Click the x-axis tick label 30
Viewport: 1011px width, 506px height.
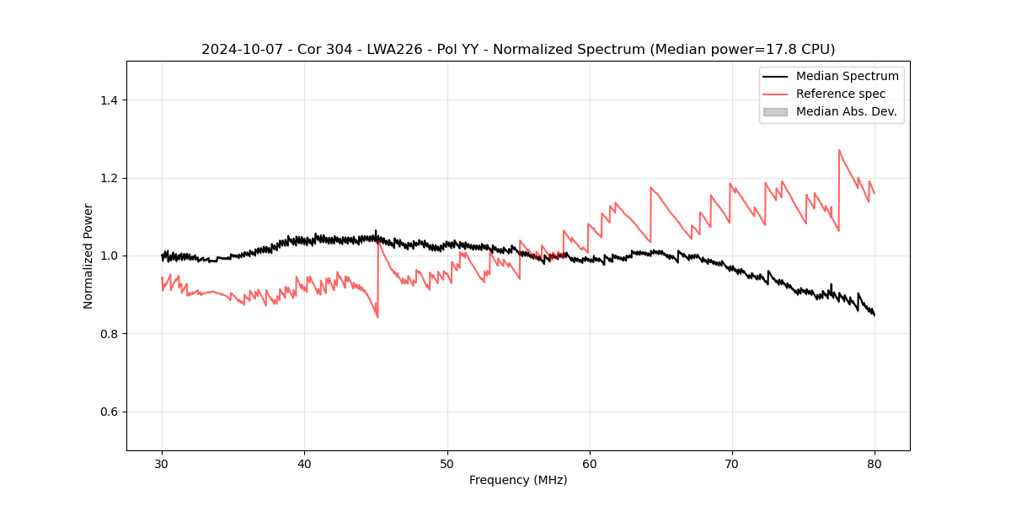(162, 463)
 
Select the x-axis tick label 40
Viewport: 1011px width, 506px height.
(304, 463)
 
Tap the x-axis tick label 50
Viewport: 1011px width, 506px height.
(447, 463)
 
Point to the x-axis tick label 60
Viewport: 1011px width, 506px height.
(590, 463)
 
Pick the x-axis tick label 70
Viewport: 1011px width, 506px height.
(732, 463)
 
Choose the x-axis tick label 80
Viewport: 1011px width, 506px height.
(875, 463)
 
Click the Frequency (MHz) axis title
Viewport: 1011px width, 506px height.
(518, 480)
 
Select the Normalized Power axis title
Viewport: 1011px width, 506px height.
(88, 256)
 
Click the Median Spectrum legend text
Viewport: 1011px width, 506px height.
(847, 76)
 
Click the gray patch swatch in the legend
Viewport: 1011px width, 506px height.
(775, 111)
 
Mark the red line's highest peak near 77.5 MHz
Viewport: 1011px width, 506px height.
(839, 151)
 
